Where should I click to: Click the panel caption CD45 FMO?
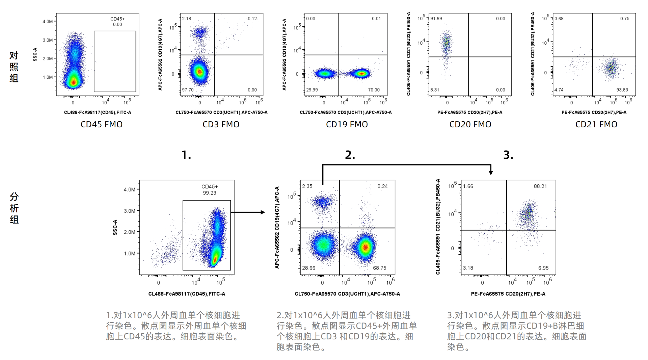101,124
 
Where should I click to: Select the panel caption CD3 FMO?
221,124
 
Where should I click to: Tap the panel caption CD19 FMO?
347,124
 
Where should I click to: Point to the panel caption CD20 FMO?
470,124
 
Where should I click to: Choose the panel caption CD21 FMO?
596,124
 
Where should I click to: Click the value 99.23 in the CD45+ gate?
209,193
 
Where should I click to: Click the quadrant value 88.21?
540,186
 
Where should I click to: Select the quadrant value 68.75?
379,268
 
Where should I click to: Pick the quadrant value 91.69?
436,19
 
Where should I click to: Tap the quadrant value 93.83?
622,90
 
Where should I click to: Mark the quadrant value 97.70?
188,90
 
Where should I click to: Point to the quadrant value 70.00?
374,90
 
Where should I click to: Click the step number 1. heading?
186,155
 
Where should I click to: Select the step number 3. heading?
508,155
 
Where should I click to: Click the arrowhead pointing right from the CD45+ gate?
263,212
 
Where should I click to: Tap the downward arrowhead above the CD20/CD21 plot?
491,172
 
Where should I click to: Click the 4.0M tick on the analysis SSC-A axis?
129,189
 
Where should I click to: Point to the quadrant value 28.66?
308,268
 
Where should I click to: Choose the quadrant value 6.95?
543,268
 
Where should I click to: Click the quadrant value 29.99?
312,90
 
